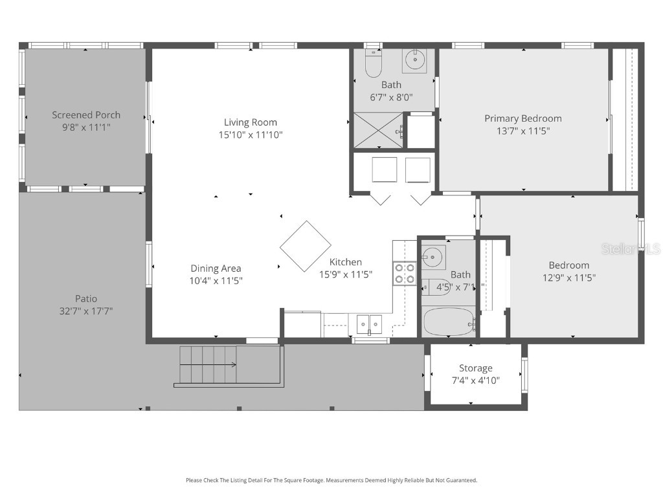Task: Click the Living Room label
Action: [x=250, y=122]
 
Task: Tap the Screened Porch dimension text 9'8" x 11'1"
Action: [x=86, y=127]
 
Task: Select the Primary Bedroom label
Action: [x=523, y=118]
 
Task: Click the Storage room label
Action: [x=475, y=368]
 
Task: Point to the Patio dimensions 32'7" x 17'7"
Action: [x=85, y=311]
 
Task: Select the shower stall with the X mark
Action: [x=378, y=131]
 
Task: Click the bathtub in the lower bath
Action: [x=448, y=321]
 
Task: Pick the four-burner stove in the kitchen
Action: [x=405, y=273]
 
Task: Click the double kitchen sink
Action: [x=369, y=324]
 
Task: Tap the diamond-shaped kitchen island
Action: [x=306, y=246]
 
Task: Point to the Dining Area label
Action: [x=216, y=269]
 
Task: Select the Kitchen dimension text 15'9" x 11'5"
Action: [x=345, y=274]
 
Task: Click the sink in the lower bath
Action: [x=433, y=256]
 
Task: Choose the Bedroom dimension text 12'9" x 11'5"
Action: [x=569, y=278]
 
